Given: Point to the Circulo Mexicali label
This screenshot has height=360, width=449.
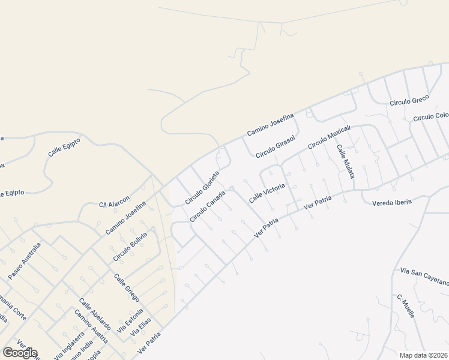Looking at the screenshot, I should [x=328, y=138].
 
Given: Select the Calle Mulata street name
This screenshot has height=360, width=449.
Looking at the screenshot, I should [x=345, y=161].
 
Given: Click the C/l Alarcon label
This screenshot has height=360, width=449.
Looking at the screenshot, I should [x=114, y=205].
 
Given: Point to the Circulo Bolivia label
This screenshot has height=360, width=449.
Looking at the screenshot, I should [x=130, y=251].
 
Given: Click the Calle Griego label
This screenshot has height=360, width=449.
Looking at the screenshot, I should [x=127, y=287].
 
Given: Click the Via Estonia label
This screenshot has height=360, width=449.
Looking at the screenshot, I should [x=131, y=320].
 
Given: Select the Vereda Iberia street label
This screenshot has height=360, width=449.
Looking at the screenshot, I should [x=392, y=202].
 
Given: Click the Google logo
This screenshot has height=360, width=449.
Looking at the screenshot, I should [x=19, y=353].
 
